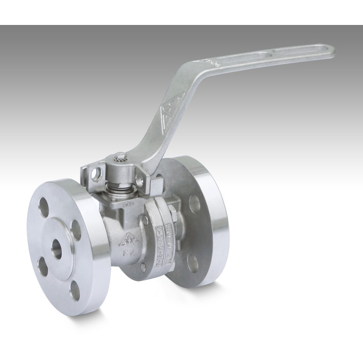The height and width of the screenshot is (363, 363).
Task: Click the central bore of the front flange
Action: (x=57, y=249)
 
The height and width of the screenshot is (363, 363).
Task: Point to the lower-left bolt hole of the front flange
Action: (x=42, y=266)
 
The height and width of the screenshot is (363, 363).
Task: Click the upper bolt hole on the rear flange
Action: (x=194, y=204)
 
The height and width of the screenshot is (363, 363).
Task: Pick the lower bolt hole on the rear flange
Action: (x=193, y=262)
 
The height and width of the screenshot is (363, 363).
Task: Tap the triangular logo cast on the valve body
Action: (x=129, y=240)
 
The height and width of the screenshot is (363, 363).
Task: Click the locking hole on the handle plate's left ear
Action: (x=96, y=174)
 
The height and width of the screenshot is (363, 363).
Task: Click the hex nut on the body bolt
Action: (x=173, y=211)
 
